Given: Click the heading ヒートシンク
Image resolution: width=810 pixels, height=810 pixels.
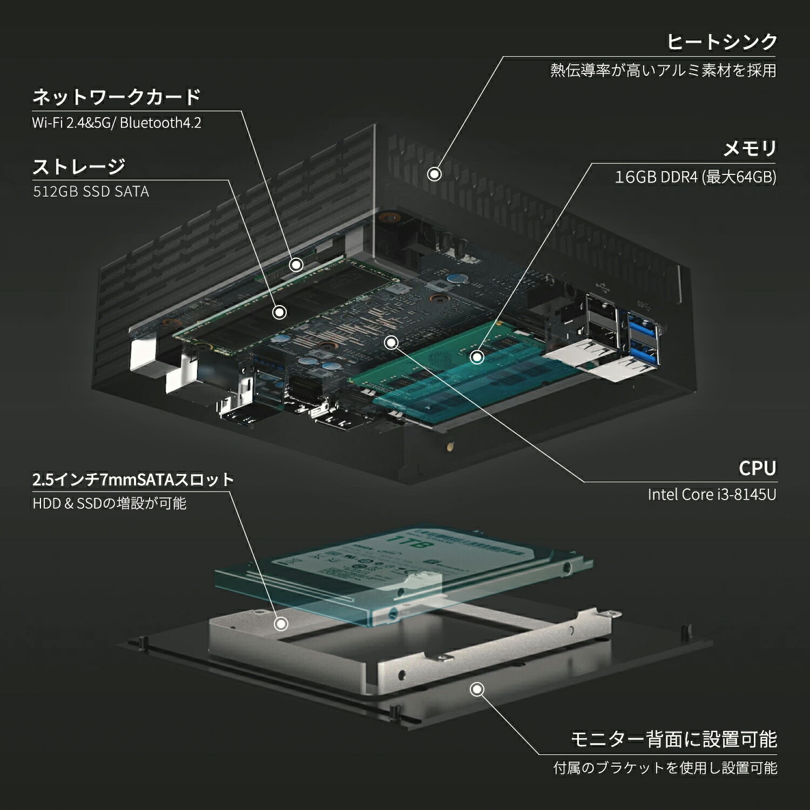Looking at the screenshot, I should coord(721,42).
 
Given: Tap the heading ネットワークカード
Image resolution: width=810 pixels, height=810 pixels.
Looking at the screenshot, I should coord(117,97).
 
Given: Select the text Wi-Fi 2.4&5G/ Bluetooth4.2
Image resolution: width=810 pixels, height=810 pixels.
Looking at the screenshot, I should coord(117,123).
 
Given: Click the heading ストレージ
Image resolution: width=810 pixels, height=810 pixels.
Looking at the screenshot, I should coord(79,166).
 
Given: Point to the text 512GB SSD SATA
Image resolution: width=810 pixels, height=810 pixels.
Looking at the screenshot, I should coord(91,192).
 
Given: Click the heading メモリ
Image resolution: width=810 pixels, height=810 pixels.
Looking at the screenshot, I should coord(750,148).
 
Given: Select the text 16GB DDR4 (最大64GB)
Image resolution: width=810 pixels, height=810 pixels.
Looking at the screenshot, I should coord(696,177).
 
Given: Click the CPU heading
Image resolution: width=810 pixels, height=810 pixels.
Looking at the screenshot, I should coord(757,468).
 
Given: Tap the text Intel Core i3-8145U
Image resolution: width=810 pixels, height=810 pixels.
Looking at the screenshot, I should coord(712,495).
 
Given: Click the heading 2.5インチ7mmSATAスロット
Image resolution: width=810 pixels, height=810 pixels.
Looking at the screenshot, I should coord(133,480).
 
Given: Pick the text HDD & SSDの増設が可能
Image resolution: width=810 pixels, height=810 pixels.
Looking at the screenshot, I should coord(109,503).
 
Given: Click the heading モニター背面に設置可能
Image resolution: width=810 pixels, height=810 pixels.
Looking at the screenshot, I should coord(673,739).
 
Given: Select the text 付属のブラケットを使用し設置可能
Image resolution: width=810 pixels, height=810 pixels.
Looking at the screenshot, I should coord(665,767).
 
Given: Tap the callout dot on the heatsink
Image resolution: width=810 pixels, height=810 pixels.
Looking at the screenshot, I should coord(434,174).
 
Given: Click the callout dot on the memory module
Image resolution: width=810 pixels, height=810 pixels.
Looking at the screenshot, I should coord(477,356).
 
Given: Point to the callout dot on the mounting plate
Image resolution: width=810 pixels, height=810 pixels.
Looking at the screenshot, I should coord(477,689).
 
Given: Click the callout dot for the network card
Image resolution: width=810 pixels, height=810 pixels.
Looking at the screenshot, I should coord(296,265).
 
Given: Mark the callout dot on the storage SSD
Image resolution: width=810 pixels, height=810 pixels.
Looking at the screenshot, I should coord(279,312).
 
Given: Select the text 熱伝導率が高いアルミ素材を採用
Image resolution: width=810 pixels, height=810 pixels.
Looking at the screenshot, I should coord(663,70).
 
